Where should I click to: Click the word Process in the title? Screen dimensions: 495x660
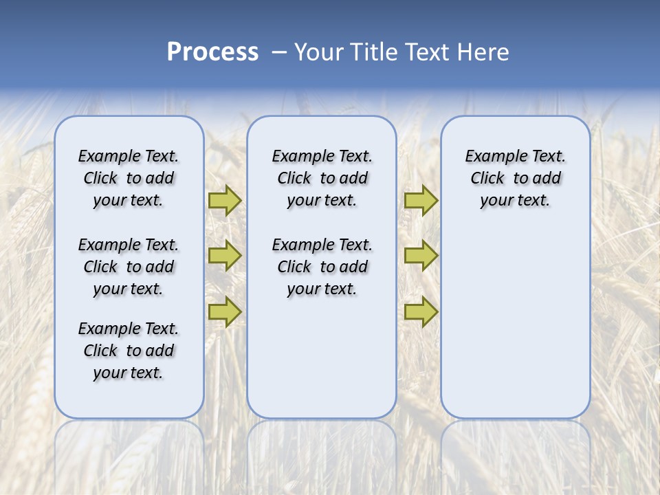212,52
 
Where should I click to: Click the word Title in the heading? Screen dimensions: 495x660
375,52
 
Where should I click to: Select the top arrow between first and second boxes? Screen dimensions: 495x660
225,200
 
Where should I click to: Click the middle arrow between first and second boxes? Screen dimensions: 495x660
225,256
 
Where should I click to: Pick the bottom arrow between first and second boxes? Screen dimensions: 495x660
225,311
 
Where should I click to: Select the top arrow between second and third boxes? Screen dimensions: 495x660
421,200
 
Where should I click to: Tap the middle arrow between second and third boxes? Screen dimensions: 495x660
421,256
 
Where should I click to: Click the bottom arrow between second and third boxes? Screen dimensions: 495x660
421,311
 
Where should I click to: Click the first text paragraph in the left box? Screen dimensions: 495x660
129,178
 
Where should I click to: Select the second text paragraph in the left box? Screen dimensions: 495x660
129,267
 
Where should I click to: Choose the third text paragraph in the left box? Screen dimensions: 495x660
129,351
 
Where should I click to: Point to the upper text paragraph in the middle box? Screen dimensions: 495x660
322,178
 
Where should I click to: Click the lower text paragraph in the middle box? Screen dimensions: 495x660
322,267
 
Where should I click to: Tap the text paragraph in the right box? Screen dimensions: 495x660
516,178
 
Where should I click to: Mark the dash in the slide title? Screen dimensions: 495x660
278,52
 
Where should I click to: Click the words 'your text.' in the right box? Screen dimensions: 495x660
515,201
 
